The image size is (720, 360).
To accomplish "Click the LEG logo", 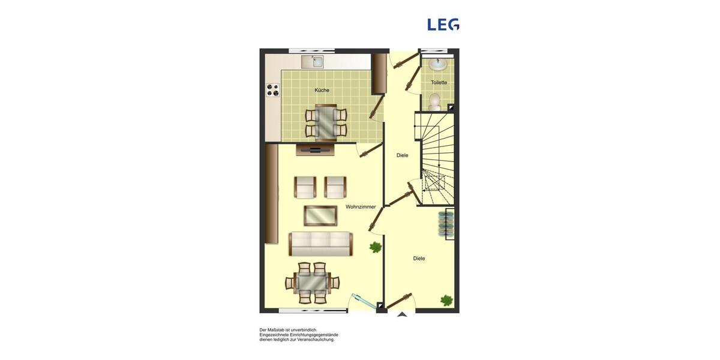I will point(443,25).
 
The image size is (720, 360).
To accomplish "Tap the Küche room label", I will point(322,91).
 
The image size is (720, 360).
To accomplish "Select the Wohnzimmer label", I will point(361,207).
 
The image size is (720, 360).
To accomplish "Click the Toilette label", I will point(439,83).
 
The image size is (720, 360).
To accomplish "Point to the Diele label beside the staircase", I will point(402,155).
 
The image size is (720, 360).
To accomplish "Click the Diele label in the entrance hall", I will point(419,259).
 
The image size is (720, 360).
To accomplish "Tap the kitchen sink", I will point(313,61).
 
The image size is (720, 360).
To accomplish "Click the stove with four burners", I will point(273,90).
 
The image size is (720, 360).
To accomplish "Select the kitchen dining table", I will point(326,121).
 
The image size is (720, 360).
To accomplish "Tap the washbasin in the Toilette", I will point(437,64).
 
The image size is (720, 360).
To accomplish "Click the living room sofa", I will point(320,243).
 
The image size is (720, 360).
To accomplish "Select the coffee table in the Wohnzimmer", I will point(320,215).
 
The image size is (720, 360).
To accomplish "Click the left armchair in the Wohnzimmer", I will point(305,187).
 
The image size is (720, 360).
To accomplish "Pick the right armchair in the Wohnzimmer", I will point(336,187).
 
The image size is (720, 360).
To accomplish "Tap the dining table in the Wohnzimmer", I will point(312,283).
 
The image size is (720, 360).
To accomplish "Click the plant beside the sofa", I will point(376,247).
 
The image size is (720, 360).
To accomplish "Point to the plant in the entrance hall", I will point(446,299).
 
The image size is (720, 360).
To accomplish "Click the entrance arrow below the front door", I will point(402,314).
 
